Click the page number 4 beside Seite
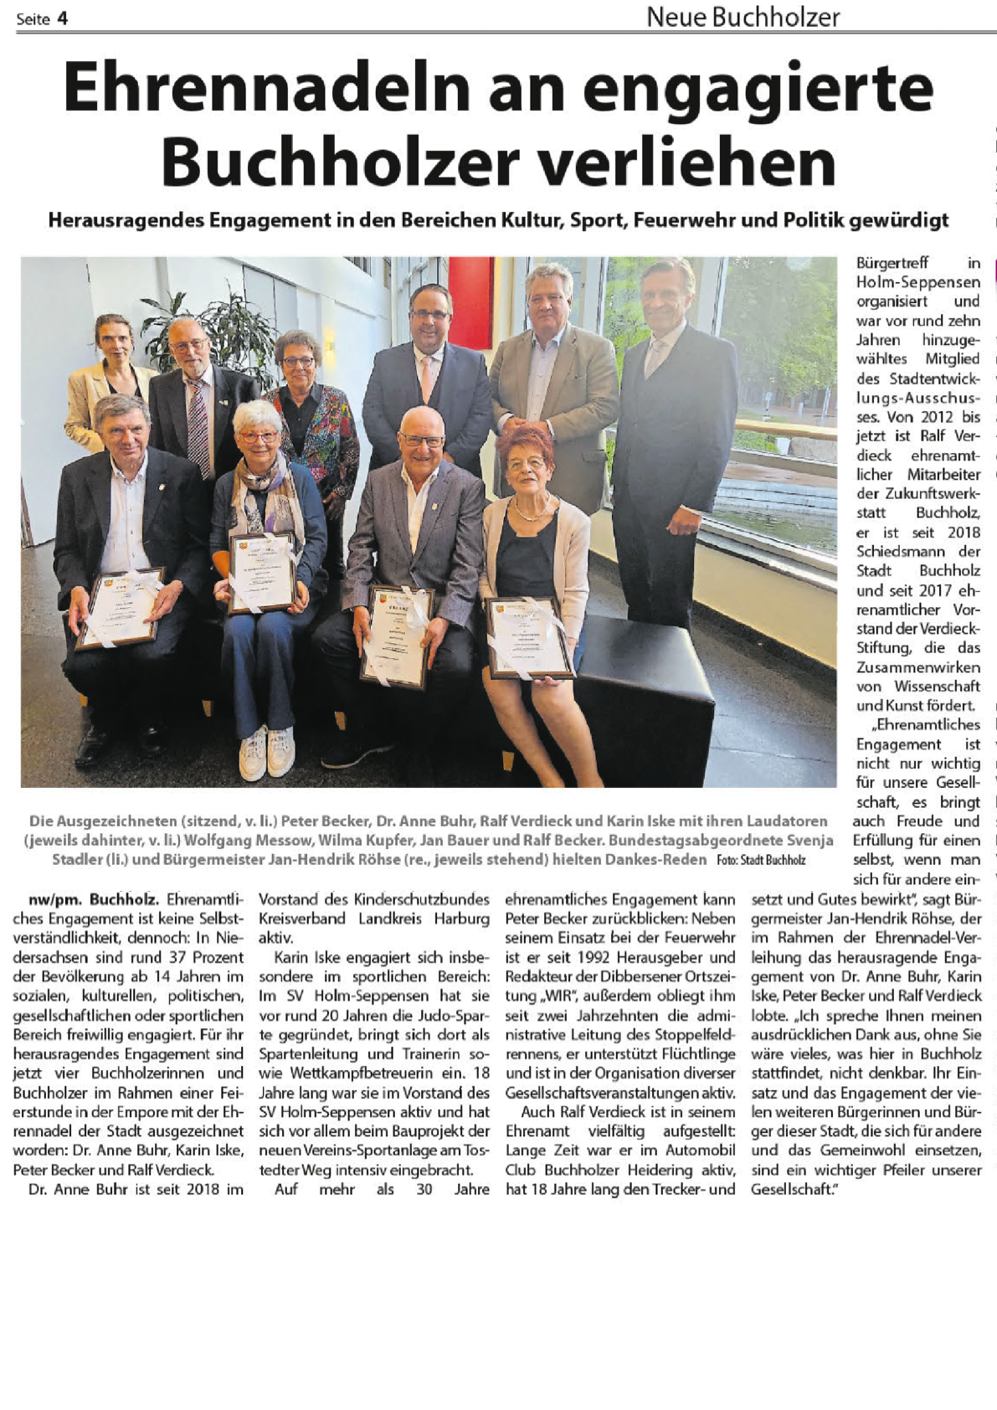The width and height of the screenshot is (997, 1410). pos(62,18)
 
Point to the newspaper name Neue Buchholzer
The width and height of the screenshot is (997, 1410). pos(743,16)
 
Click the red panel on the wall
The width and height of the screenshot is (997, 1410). pos(470,301)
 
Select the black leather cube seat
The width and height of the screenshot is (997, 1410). pos(645,687)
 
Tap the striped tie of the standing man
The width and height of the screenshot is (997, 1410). pos(198,428)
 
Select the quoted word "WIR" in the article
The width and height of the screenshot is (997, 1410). pos(560,996)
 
